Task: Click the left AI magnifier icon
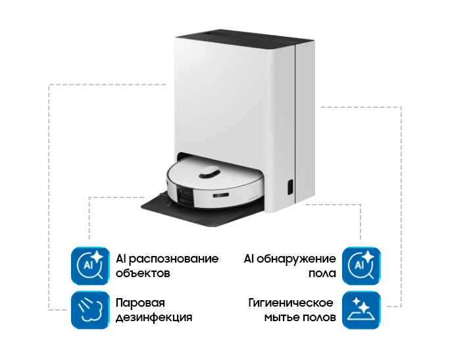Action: pyautogui.click(x=90, y=265)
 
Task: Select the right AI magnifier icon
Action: pyautogui.click(x=361, y=265)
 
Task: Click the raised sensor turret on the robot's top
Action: pyautogui.click(x=209, y=172)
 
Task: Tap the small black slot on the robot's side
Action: pyautogui.click(x=221, y=195)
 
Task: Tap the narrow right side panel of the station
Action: pyautogui.click(x=305, y=118)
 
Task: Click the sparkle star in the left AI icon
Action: pyautogui.click(x=98, y=255)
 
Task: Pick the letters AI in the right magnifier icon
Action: pyautogui.click(x=359, y=266)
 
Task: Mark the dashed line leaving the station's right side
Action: pyautogui.click(x=359, y=107)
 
